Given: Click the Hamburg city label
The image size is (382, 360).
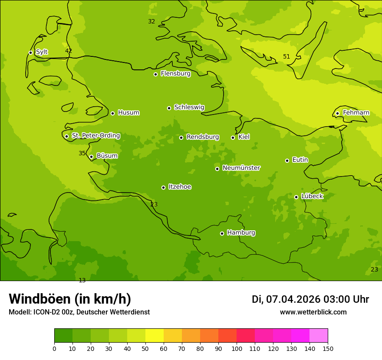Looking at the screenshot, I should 241,233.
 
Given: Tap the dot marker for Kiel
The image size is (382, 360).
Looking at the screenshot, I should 233,137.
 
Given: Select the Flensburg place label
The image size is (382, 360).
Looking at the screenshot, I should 175,74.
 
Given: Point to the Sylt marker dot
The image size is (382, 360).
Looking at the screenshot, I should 30,52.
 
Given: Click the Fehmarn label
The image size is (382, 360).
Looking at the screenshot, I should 356,113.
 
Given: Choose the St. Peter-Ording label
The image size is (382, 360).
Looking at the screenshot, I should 95,136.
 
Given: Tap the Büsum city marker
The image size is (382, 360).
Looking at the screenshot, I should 91,157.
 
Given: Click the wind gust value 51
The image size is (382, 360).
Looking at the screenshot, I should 286,57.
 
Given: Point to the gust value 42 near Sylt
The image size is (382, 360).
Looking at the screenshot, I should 69,51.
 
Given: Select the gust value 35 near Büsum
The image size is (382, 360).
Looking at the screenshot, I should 82,153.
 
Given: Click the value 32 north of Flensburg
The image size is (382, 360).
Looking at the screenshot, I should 151,22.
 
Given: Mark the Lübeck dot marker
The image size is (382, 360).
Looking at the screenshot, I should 296,197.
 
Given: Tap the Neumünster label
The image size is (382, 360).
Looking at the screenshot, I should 241,168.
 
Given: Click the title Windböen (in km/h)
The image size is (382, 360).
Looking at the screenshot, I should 70,299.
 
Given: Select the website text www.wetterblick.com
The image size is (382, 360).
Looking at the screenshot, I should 313,312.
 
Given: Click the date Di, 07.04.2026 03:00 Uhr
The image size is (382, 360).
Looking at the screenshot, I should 310,299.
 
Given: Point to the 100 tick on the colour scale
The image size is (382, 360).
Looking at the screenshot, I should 237,348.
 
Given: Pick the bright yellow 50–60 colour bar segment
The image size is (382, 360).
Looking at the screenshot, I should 155,336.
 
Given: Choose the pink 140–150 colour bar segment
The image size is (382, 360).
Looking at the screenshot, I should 319,336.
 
